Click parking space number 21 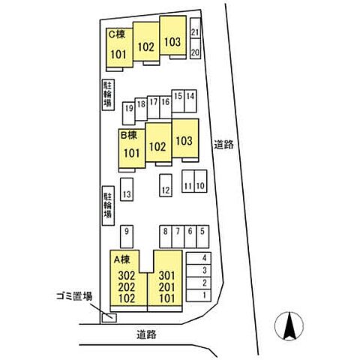(x=195, y=28)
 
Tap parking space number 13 (x=127, y=189)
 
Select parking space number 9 (x=127, y=236)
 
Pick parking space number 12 (x=166, y=185)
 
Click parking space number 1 (x=199, y=295)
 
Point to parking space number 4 (x=199, y=258)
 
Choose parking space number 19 (x=129, y=113)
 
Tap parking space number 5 (x=202, y=236)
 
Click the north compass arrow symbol (x=289, y=326)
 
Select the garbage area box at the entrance (x=109, y=318)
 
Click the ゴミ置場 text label (x=74, y=296)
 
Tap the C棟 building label (x=117, y=34)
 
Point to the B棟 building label (x=129, y=136)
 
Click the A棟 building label (x=122, y=260)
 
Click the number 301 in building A (x=166, y=276)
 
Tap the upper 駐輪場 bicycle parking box (x=108, y=95)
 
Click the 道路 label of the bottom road (x=147, y=334)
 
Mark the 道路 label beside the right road (x=223, y=145)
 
